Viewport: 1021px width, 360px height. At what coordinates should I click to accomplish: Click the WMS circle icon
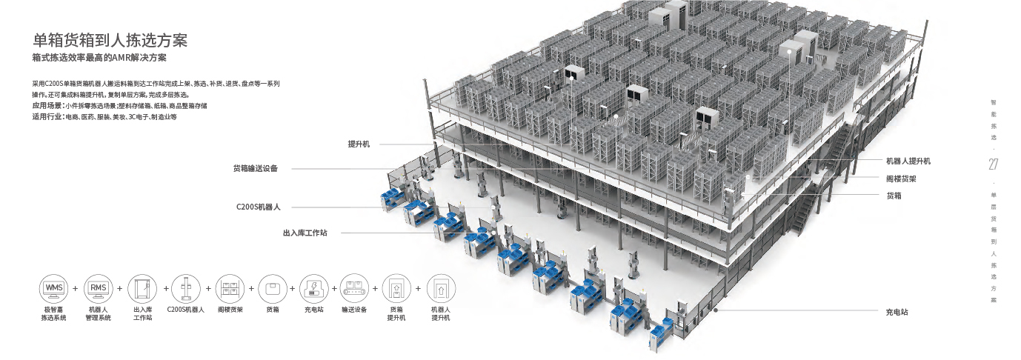[x=54, y=287]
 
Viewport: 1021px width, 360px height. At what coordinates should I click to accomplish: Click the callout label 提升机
[x=359, y=144]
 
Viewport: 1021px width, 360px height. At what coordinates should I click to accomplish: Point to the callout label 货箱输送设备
[x=255, y=168]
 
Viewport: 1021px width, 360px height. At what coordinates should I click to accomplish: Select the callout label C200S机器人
[x=259, y=207]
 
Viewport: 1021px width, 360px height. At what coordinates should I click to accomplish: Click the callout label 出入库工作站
[x=305, y=232]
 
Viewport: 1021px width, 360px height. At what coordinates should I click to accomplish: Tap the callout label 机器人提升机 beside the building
[x=908, y=161]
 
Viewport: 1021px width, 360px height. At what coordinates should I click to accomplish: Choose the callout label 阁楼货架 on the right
[x=901, y=179]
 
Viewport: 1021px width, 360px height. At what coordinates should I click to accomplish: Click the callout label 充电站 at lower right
[x=897, y=312]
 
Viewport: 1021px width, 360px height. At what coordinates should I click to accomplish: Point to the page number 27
[x=994, y=164]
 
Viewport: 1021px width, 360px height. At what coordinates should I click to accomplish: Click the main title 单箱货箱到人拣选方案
[x=110, y=40]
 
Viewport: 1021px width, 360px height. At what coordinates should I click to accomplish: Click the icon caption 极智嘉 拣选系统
[x=54, y=313]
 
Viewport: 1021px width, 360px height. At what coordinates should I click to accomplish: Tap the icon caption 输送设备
[x=354, y=310]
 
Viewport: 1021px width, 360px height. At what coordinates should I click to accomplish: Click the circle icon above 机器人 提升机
[x=441, y=287]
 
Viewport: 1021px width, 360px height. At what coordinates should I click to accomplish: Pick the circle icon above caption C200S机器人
[x=185, y=287]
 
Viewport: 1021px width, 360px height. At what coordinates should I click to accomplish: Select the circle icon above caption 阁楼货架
[x=230, y=287]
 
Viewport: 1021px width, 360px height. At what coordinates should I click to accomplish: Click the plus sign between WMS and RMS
[x=76, y=288]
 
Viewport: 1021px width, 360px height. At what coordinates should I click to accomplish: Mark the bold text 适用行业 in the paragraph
[x=47, y=117]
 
